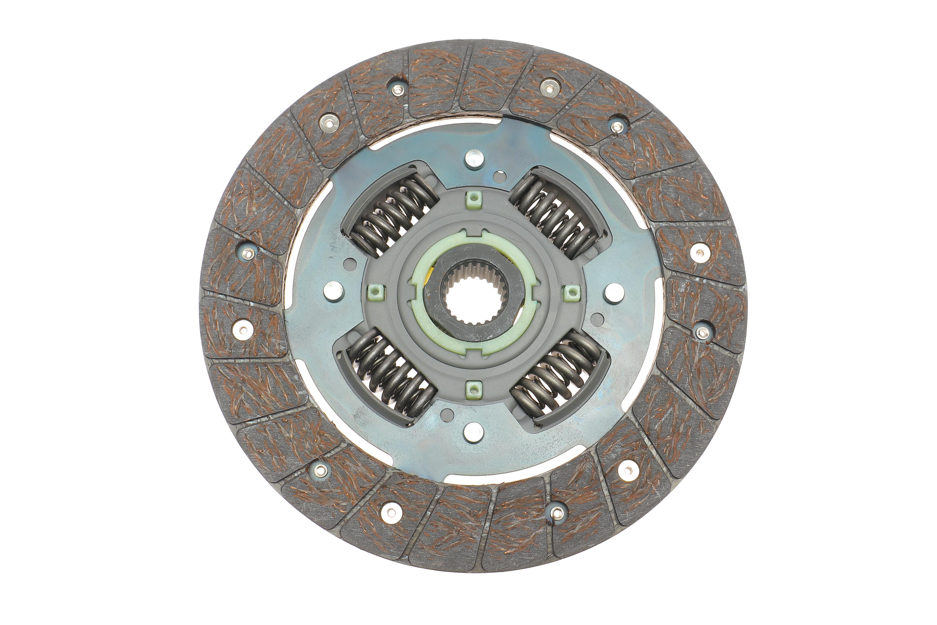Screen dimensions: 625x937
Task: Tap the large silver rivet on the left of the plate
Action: [x=334, y=291]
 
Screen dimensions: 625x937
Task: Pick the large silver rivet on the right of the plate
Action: [x=614, y=293]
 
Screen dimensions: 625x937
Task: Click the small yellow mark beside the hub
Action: [x=430, y=275]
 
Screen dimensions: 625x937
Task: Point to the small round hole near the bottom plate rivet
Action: [x=447, y=413]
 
